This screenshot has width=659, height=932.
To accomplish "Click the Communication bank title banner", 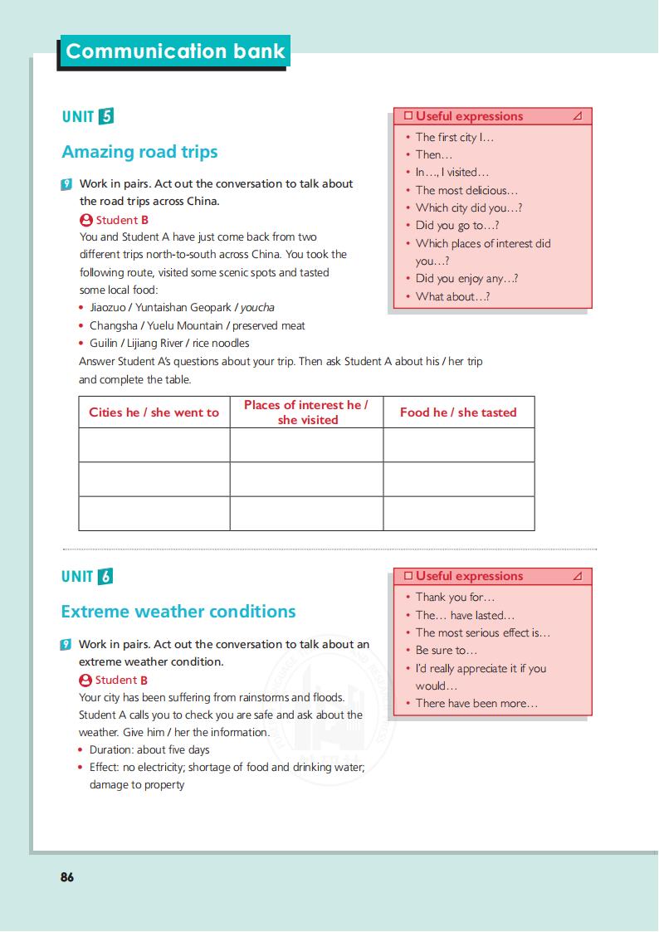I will [x=174, y=51].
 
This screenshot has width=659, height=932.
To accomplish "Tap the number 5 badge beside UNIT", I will [x=105, y=116].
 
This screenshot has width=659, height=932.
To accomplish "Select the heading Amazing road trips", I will [x=139, y=152].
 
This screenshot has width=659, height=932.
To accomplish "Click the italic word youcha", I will [x=257, y=308].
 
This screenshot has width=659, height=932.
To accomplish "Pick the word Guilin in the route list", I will [x=105, y=344].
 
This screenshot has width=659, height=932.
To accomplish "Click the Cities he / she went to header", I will [x=154, y=412].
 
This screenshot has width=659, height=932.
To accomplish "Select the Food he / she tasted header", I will [x=458, y=412].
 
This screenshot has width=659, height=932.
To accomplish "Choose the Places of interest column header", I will [x=306, y=412].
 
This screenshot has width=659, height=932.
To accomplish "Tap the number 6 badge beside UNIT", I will [x=105, y=577].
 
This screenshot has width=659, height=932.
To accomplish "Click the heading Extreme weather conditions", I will [x=178, y=612].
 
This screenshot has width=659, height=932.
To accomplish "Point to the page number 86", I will [x=67, y=876].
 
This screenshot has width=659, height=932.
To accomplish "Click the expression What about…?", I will [x=452, y=297].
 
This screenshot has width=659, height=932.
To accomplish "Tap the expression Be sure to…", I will [x=447, y=651].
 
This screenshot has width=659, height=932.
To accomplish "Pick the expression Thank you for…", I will [x=455, y=598].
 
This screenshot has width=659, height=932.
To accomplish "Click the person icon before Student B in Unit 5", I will [x=85, y=221].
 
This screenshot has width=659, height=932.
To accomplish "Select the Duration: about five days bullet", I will [x=149, y=750].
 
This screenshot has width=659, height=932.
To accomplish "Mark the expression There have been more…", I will [x=476, y=704].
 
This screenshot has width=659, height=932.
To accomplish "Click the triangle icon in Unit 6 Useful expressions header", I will [x=578, y=577].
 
